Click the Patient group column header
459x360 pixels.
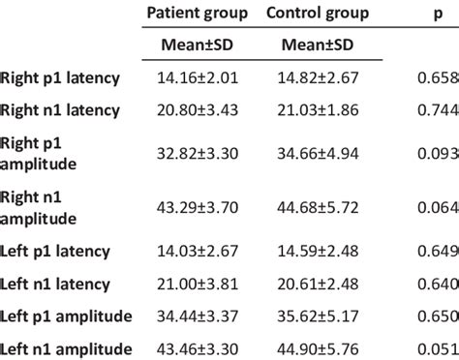197,15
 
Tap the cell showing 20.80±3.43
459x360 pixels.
197,110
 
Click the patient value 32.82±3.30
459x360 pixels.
197,152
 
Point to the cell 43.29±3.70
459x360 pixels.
197,207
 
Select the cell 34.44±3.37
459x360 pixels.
197,315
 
